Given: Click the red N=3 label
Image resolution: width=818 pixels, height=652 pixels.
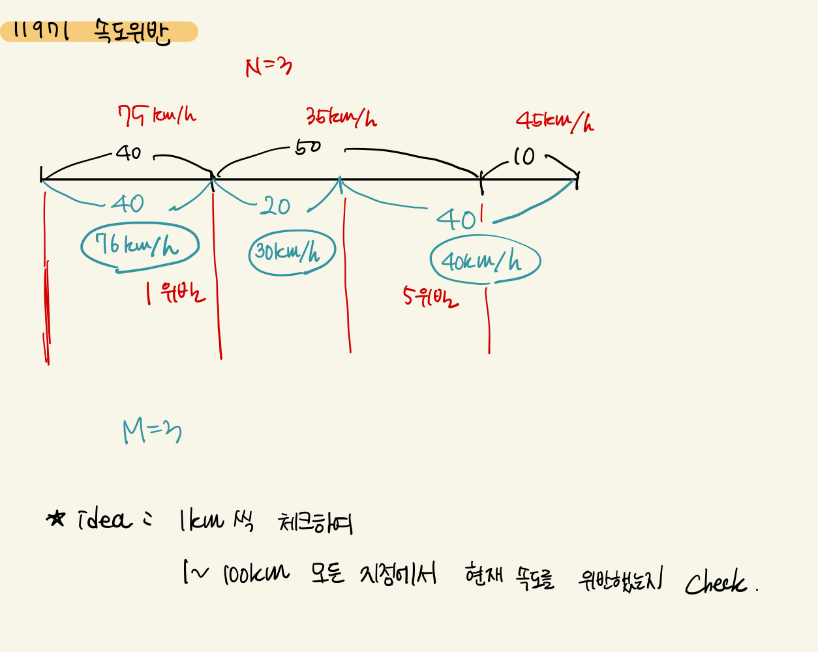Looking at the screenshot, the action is click(x=268, y=67).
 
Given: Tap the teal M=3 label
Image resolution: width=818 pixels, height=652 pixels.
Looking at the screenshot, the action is click(x=152, y=432).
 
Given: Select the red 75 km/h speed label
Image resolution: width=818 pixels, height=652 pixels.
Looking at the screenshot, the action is click(x=157, y=116).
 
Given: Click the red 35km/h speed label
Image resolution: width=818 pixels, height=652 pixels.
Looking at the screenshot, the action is click(x=341, y=117).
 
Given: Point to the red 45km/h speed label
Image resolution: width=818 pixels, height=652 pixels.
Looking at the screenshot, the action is click(x=554, y=121).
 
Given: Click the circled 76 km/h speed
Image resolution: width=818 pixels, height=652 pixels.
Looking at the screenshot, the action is click(x=138, y=246).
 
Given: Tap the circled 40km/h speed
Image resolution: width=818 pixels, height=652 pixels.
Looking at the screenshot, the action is click(x=483, y=261).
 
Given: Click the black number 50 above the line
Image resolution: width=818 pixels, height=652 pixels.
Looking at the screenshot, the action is click(x=308, y=147).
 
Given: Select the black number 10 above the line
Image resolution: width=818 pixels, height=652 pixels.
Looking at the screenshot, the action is click(x=523, y=156).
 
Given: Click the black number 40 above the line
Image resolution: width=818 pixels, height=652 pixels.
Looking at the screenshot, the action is click(x=129, y=153).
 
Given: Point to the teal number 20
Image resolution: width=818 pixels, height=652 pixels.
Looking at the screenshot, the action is click(x=275, y=207).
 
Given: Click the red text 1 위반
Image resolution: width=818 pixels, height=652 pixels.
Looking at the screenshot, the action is click(x=175, y=293).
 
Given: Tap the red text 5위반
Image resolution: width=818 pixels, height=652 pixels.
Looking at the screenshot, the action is click(x=431, y=298).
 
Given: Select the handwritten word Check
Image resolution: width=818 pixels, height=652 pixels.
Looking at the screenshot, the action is click(x=716, y=582).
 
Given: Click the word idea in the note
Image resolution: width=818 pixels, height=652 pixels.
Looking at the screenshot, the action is click(x=104, y=520).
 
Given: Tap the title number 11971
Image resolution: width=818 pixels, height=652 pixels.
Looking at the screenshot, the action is click(x=41, y=30).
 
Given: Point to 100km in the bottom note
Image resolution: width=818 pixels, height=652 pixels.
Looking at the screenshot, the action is click(x=256, y=574).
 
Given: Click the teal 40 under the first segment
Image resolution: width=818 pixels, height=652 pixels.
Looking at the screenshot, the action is click(x=127, y=204).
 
